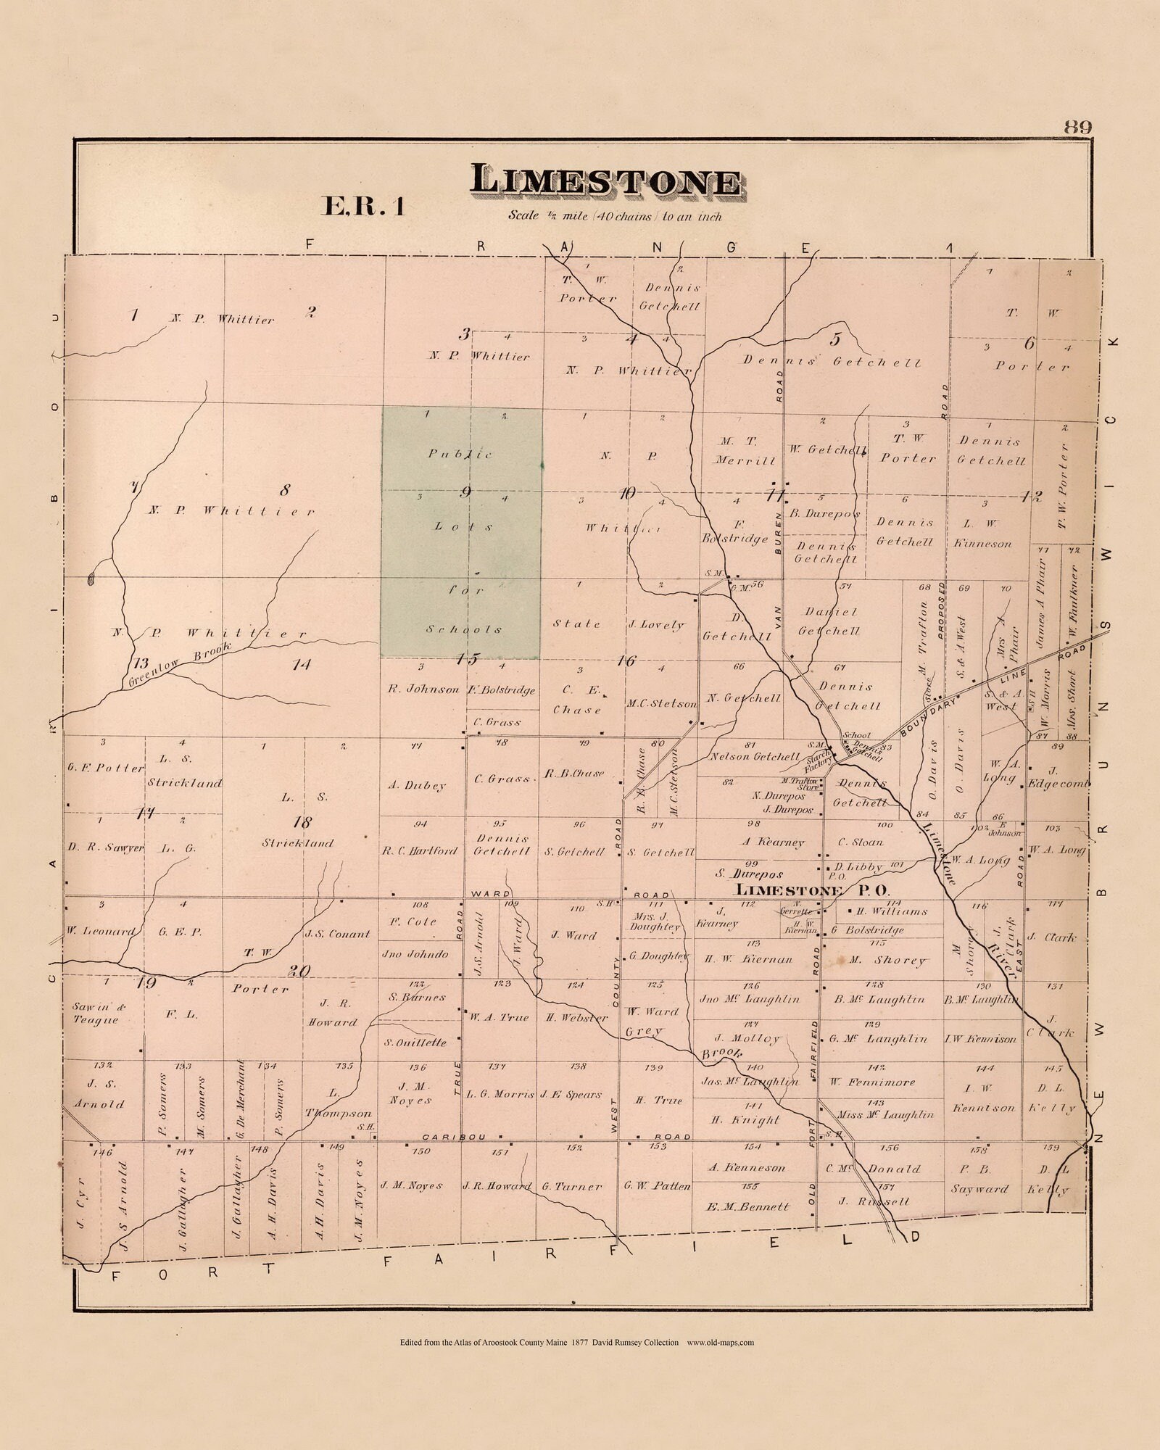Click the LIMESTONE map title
[x=605, y=181]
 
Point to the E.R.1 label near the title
[x=362, y=207]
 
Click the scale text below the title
[x=615, y=215]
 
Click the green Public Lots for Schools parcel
[x=462, y=533]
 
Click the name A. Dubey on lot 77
[x=421, y=785]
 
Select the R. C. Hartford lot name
[x=420, y=850]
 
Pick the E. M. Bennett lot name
[x=747, y=1207]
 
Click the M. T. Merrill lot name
[x=747, y=450]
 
